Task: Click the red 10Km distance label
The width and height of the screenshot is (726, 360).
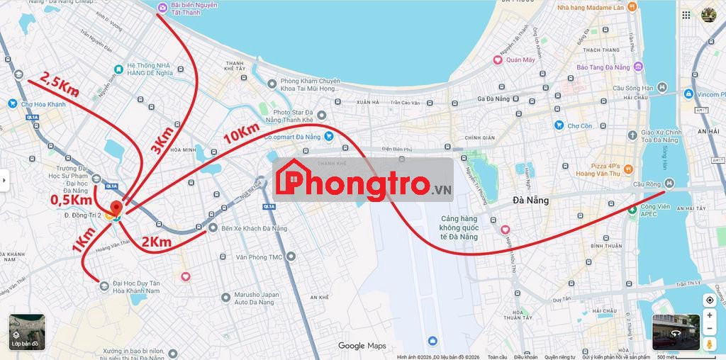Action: pos(242,133)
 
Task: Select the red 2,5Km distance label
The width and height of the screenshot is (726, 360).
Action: pos(58,84)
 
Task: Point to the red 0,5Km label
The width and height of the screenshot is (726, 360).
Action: pos(72,201)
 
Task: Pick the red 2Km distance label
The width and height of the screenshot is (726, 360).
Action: pos(156,243)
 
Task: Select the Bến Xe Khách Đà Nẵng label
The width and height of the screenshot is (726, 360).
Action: pos(255,228)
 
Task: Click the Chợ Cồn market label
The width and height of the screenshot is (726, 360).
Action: pos(580,126)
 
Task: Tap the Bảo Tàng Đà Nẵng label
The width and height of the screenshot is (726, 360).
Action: pos(603,67)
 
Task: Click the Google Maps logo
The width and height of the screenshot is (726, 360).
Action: pos(362,346)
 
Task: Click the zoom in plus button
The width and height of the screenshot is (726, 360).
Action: pos(710,315)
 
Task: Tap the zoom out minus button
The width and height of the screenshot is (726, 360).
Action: pos(710,329)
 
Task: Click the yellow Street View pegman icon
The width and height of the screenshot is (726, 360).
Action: pos(710,344)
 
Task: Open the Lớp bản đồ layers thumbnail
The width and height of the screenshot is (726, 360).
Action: pos(27,332)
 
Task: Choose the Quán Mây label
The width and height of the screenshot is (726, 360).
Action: pos(520,60)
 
